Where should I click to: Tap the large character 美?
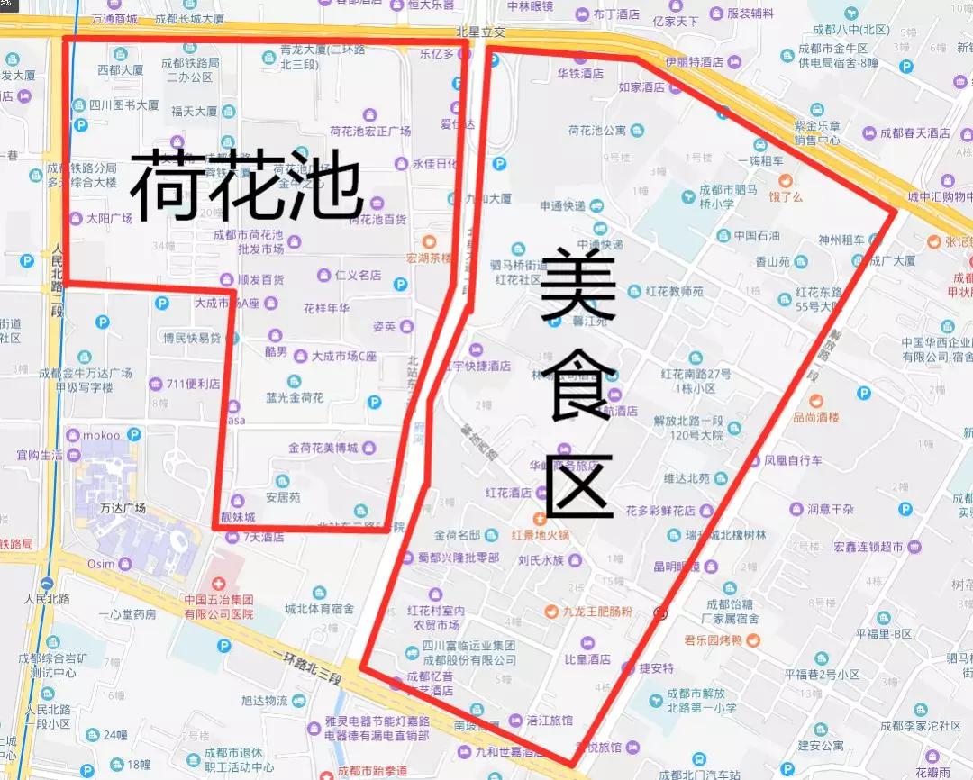pos(578,287)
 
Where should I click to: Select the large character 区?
pos(579,487)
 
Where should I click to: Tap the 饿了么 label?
pos(785,196)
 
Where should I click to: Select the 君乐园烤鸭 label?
pos(713,640)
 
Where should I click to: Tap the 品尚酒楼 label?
pos(815,417)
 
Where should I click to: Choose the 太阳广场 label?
pos(109,218)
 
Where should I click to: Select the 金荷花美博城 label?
pos(323,448)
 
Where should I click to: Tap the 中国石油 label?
pos(756,236)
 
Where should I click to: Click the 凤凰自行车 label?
pos(793,460)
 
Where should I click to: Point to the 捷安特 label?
pos(656,668)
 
